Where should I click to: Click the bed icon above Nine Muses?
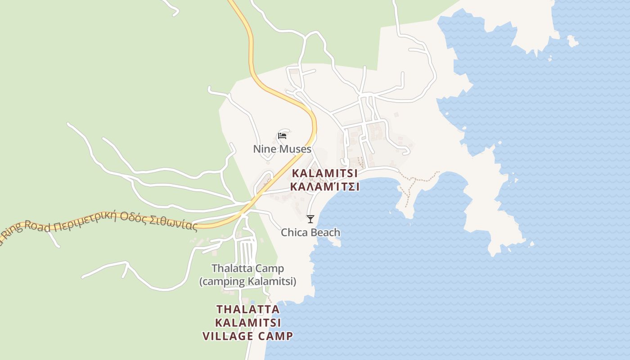pyautogui.click(x=282, y=135)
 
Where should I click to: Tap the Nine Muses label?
pyautogui.click(x=282, y=149)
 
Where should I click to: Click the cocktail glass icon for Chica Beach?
pyautogui.click(x=310, y=219)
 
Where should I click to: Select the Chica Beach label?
pyautogui.click(x=310, y=233)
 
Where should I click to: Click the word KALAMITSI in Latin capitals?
pyautogui.click(x=325, y=173)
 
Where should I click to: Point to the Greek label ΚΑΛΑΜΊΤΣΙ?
pyautogui.click(x=325, y=187)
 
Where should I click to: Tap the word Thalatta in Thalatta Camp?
pyautogui.click(x=229, y=269)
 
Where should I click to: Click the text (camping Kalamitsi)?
pyautogui.click(x=248, y=282)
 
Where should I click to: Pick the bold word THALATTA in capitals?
pyautogui.click(x=248, y=310)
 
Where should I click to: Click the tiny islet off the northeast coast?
pyautogui.click(x=572, y=41)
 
